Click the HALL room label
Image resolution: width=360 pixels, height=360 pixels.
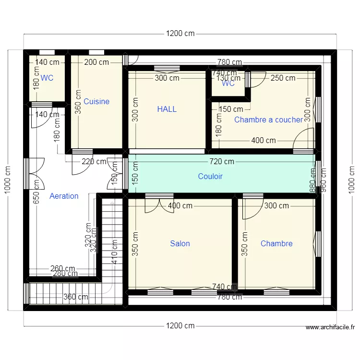click(167, 109)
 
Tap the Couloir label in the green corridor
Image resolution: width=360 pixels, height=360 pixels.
click(210, 177)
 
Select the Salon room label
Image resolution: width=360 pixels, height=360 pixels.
click(180, 244)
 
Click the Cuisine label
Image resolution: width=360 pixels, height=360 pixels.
click(96, 102)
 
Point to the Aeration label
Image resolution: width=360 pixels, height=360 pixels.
click(64, 196)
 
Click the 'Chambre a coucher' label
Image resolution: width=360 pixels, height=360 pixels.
click(268, 120)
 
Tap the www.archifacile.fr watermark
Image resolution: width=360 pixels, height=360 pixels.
click(330, 328)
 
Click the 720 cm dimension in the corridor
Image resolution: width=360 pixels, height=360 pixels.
click(221, 162)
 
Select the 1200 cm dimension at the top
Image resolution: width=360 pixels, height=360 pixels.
click(180, 34)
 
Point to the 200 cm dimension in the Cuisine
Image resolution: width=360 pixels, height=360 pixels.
click(96, 62)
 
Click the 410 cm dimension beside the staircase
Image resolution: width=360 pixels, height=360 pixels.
click(114, 252)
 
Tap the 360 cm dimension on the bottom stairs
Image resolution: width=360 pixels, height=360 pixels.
click(76, 297)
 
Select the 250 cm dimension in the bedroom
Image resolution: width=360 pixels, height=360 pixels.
click(283, 78)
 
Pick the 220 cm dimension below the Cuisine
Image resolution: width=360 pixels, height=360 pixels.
click(94, 162)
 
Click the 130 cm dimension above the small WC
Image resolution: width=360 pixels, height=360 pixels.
click(228, 78)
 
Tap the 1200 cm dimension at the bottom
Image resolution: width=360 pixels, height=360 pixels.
click(180, 326)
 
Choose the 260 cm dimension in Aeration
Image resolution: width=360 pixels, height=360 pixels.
click(63, 269)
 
